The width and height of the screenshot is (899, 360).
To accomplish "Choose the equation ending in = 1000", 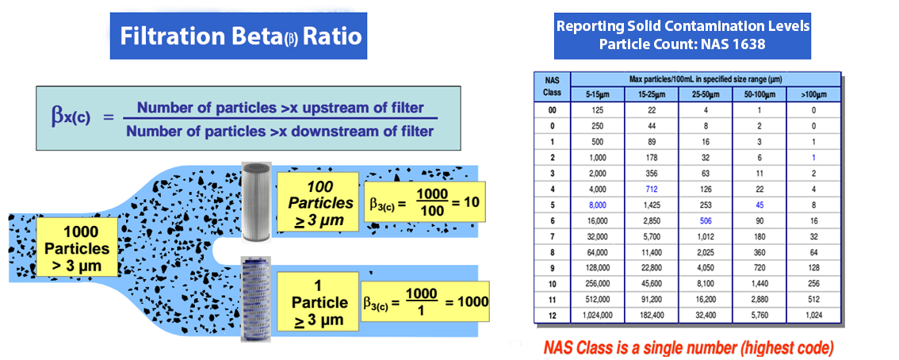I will (x=426, y=302).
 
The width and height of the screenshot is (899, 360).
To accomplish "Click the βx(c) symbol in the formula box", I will (x=71, y=116).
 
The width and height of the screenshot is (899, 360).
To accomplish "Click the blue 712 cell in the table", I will (x=652, y=188).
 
